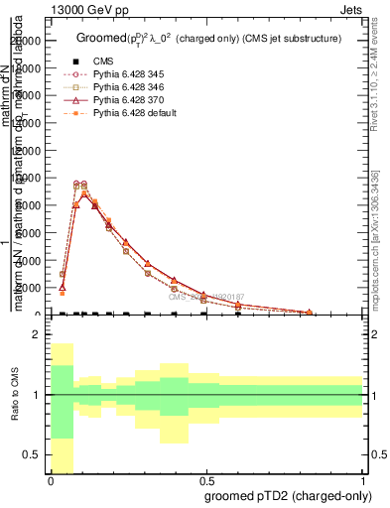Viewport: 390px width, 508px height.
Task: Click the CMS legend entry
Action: [104, 62]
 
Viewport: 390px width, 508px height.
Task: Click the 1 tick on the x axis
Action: [363, 480]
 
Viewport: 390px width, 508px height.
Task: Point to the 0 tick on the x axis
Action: [52, 480]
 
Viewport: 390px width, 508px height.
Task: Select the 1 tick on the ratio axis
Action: [36, 395]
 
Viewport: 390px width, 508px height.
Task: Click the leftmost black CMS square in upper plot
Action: [63, 315]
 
